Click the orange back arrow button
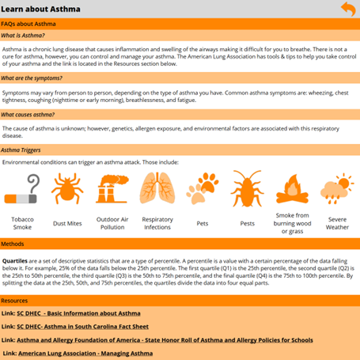point(347,9)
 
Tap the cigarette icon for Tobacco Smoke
point(22,192)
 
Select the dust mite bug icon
point(66,190)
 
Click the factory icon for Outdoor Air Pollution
point(112,190)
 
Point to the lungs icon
point(157,190)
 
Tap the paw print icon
point(202,190)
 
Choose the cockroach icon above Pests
point(247,190)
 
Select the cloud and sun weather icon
point(337,190)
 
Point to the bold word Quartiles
point(16,259)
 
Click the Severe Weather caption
point(337,222)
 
